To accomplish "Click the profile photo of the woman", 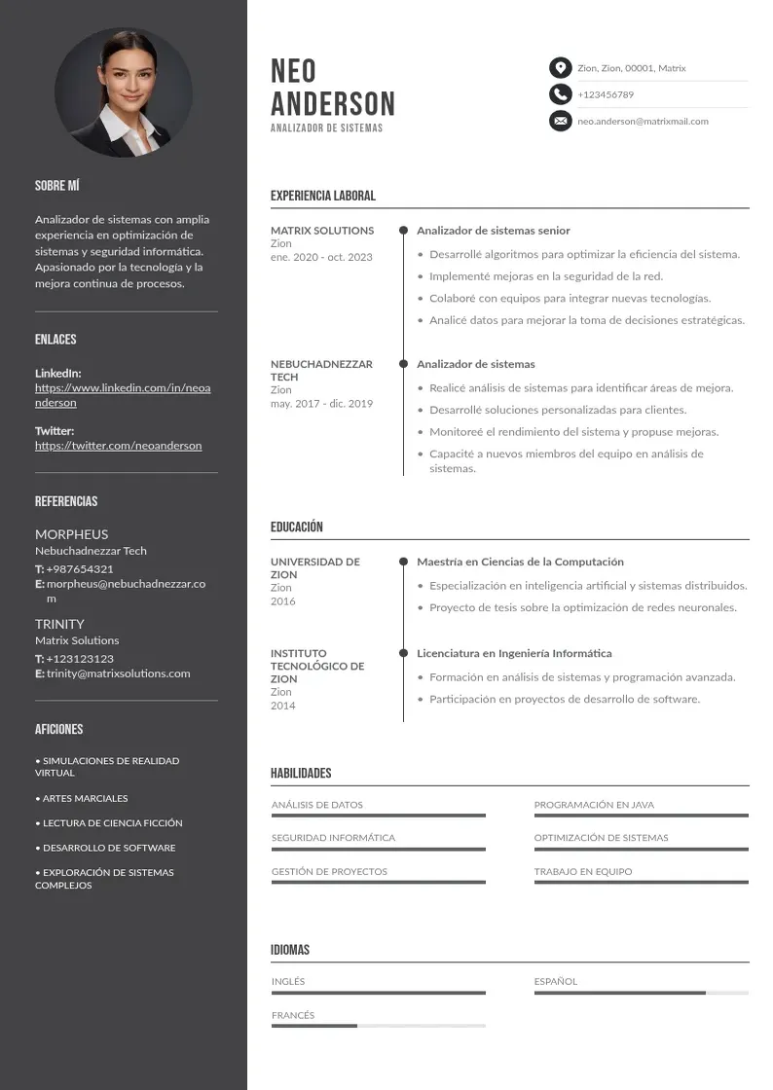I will click(124, 92).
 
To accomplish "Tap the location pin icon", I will click(560, 68).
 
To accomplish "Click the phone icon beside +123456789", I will click(560, 94).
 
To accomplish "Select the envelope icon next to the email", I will click(560, 121).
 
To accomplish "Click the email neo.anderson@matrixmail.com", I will click(643, 122).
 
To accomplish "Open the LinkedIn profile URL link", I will click(123, 395).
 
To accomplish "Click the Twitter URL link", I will click(119, 446).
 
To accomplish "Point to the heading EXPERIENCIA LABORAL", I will click(322, 196).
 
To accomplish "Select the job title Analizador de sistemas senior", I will click(494, 231).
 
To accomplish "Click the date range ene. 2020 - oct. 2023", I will click(321, 257).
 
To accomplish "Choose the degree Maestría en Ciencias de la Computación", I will click(520, 562).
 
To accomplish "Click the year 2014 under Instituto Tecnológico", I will click(282, 706).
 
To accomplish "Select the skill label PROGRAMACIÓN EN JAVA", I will click(594, 805).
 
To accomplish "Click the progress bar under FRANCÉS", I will click(378, 1026).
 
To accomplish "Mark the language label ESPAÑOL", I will click(556, 981).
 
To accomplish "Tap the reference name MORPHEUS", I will click(72, 534).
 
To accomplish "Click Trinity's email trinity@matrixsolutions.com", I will click(119, 673).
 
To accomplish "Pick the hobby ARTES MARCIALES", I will click(85, 798).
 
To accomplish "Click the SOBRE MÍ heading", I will click(57, 185).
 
